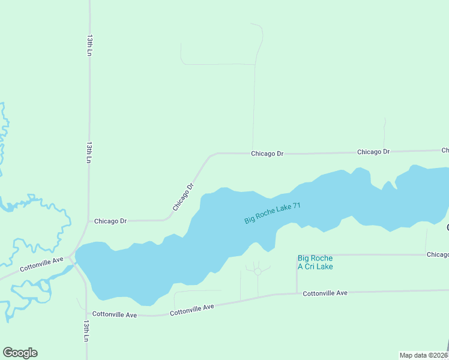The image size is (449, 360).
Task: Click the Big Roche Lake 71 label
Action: [x=272, y=214]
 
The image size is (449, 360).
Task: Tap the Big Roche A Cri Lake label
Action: [x=315, y=262]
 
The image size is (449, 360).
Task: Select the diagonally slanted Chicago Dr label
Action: [x=184, y=196]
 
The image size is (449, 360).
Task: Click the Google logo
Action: [x=20, y=353]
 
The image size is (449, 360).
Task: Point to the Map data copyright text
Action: [x=424, y=355]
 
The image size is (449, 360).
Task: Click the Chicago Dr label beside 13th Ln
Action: [x=110, y=221]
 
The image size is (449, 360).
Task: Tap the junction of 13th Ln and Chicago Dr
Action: [x=89, y=221]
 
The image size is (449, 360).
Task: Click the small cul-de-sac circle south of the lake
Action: [x=258, y=271]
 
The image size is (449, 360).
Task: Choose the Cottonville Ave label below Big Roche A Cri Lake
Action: [x=325, y=293]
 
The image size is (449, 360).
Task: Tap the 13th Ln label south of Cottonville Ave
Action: [x=86, y=331]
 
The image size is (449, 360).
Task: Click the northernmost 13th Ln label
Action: [x=89, y=45]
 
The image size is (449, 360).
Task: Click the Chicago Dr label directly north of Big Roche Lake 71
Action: [x=267, y=154]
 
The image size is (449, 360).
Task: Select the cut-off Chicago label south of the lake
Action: [x=438, y=254]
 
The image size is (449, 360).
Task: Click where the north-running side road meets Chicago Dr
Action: [x=253, y=153]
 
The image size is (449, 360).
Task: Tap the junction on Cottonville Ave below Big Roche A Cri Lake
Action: [x=297, y=293]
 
